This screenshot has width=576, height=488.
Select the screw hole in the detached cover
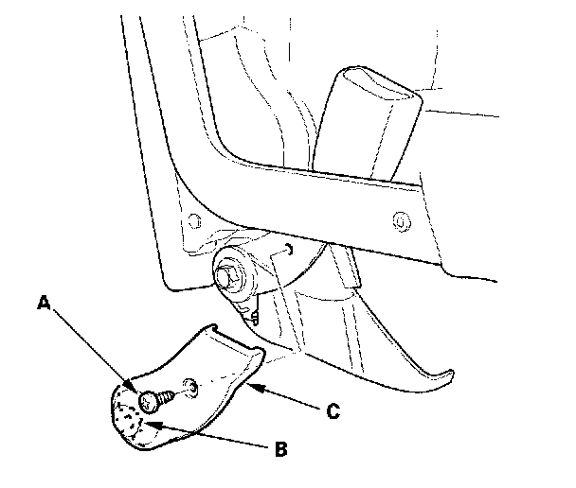click(192, 385)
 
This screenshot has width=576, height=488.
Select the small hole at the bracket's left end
click(193, 221)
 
